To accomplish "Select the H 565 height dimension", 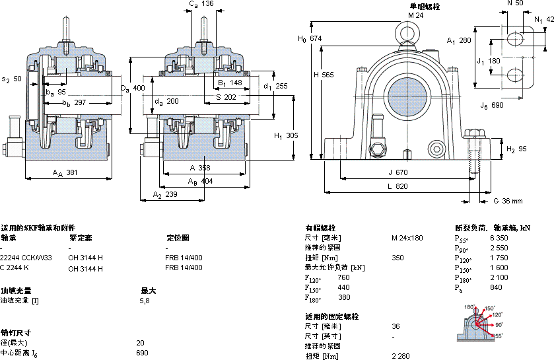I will [x=324, y=75].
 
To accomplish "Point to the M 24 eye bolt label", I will [x=415, y=15].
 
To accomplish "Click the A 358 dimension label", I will [x=199, y=168].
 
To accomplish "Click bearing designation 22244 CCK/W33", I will [x=26, y=258].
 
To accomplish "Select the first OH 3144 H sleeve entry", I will [x=86, y=258].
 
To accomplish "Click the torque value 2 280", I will [x=401, y=356].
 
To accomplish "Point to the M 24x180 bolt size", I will [x=407, y=237].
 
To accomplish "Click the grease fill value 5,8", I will [x=145, y=301].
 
